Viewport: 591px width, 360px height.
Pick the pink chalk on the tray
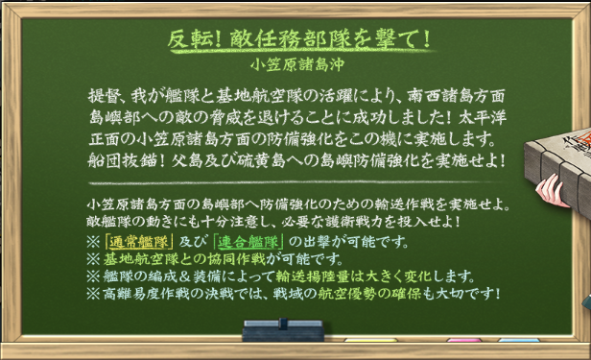463,340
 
